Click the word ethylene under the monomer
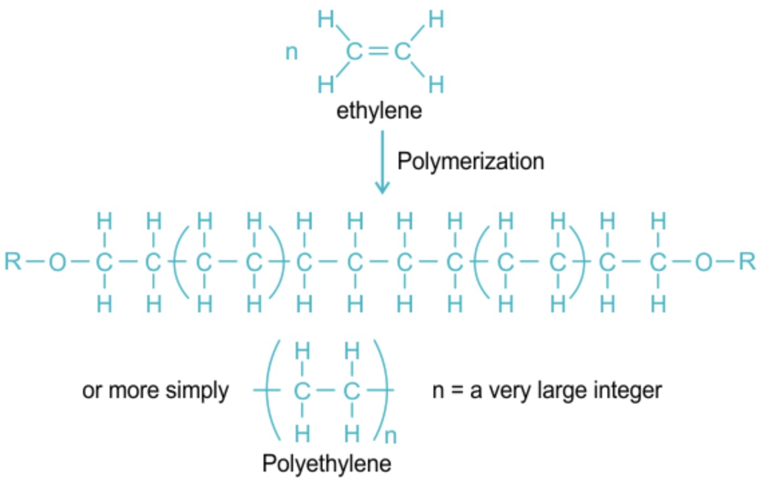click(x=379, y=110)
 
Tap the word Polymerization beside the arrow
click(x=471, y=161)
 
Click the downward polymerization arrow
click(x=382, y=163)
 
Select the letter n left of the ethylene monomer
click(x=292, y=52)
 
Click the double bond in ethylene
click(x=379, y=51)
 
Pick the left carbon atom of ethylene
click(x=354, y=51)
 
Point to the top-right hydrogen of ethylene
click(x=436, y=19)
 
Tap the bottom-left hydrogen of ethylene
click(x=326, y=84)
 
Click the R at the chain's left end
click(x=13, y=262)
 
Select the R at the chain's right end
click(x=747, y=262)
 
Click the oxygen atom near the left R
click(x=57, y=262)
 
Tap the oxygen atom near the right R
click(x=704, y=262)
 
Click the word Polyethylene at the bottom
click(x=326, y=463)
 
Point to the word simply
click(x=197, y=391)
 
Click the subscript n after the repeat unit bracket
click(x=390, y=436)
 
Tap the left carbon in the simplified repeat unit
click(x=302, y=391)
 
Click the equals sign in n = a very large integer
click(x=456, y=391)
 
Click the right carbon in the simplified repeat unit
click(x=351, y=391)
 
